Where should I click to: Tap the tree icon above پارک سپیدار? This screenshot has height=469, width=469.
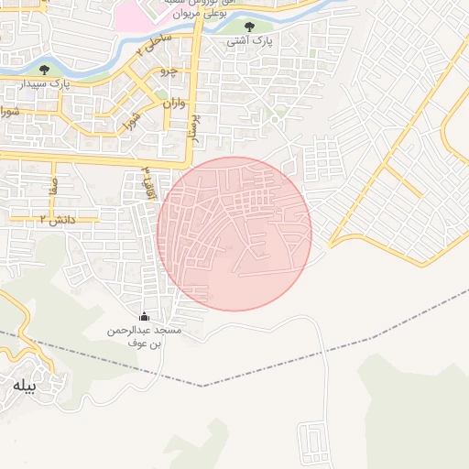click(44, 70)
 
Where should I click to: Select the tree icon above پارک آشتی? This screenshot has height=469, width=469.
click(249, 27)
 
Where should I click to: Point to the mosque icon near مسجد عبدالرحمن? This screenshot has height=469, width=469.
click(143, 316)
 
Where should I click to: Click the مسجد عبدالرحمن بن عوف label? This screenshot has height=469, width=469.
click(145, 335)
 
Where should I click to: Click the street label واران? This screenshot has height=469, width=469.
click(173, 104)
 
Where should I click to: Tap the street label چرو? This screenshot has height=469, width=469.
click(168, 71)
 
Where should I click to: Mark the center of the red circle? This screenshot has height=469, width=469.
click(234, 234)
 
